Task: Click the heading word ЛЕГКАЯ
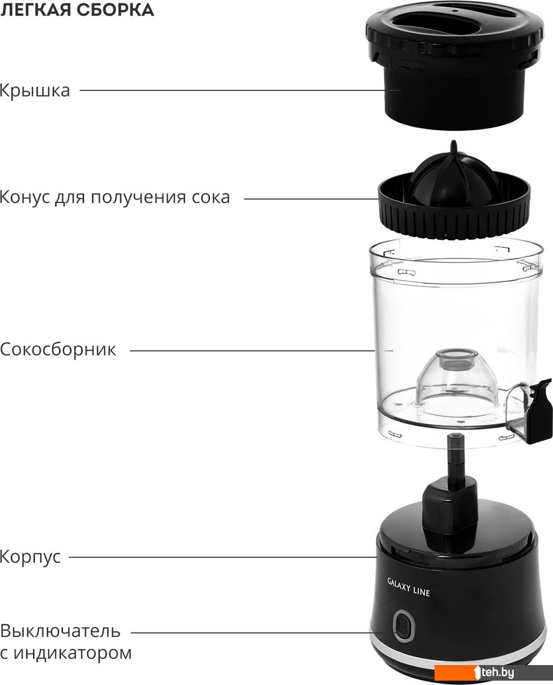[x=36, y=9]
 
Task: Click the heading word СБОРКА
[x=116, y=9]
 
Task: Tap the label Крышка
[x=34, y=91]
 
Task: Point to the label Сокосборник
[x=58, y=349]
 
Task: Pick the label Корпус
[x=30, y=557]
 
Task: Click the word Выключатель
[x=60, y=631]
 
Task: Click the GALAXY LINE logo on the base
[x=408, y=588]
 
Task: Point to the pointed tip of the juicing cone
[x=454, y=143]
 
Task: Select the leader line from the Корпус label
[x=223, y=557]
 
